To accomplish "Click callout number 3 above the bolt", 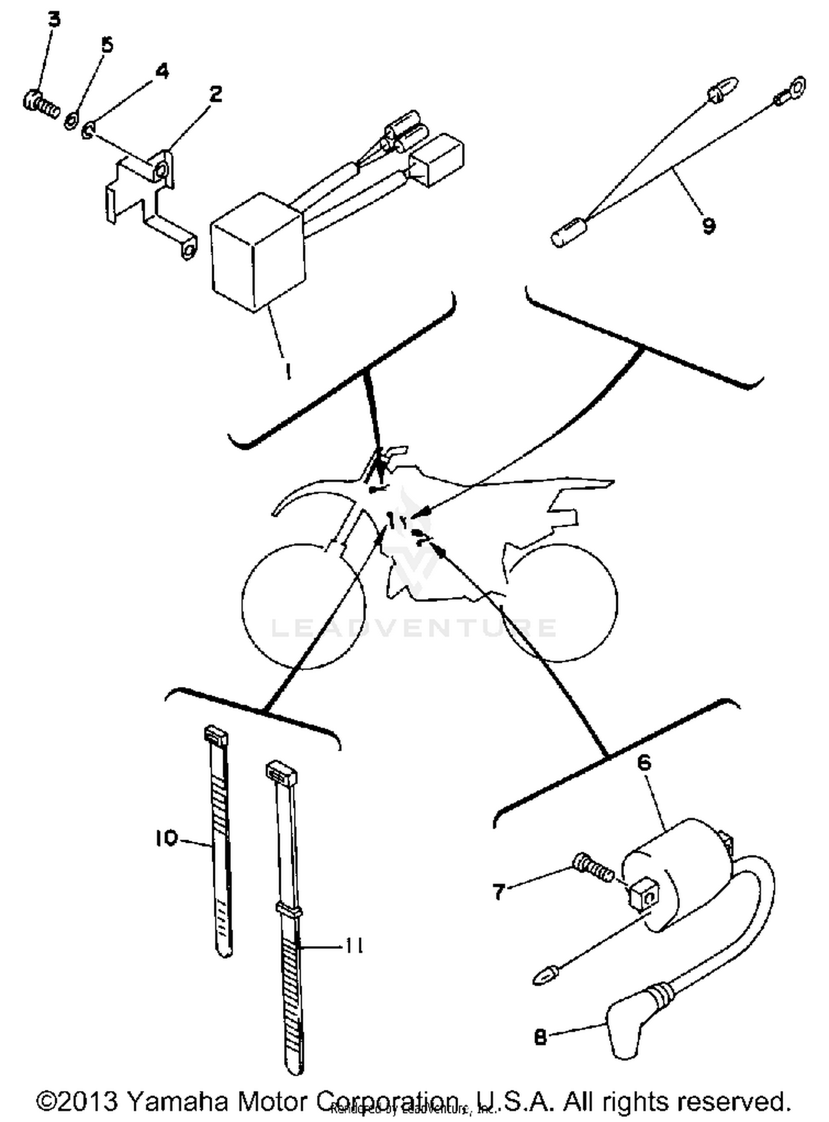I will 54,19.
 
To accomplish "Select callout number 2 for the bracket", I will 216,93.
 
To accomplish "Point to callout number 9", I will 709,225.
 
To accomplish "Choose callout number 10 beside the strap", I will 166,838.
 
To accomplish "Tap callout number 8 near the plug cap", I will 540,1037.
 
